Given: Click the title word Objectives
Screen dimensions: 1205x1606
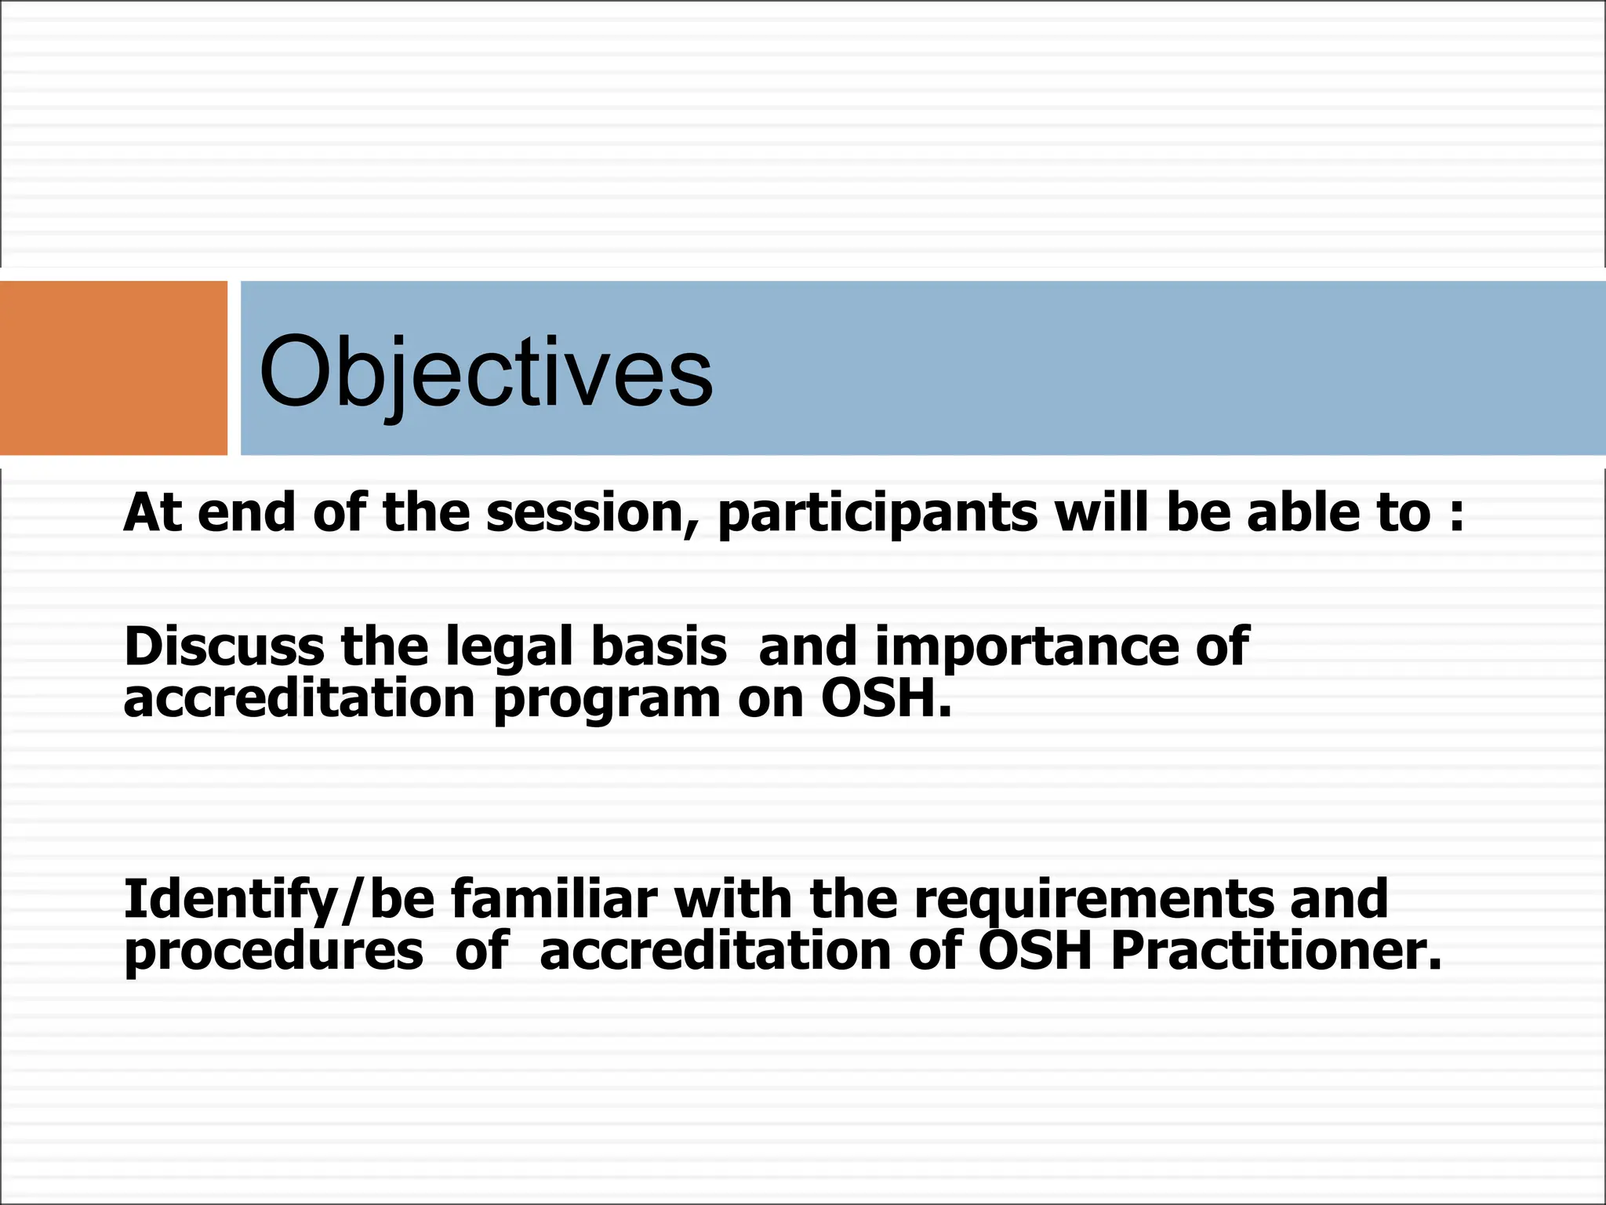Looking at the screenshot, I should (x=486, y=373).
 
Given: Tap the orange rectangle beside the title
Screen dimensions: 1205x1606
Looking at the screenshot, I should (x=114, y=368).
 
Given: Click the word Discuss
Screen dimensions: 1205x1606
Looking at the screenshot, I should (x=224, y=647).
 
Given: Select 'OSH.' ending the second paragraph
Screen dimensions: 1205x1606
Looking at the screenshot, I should (x=886, y=698).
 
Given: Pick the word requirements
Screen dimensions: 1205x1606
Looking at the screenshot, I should (x=1095, y=901).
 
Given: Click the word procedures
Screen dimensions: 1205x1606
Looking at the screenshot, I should (x=274, y=952).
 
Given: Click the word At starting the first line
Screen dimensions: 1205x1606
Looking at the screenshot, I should (x=153, y=513).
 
